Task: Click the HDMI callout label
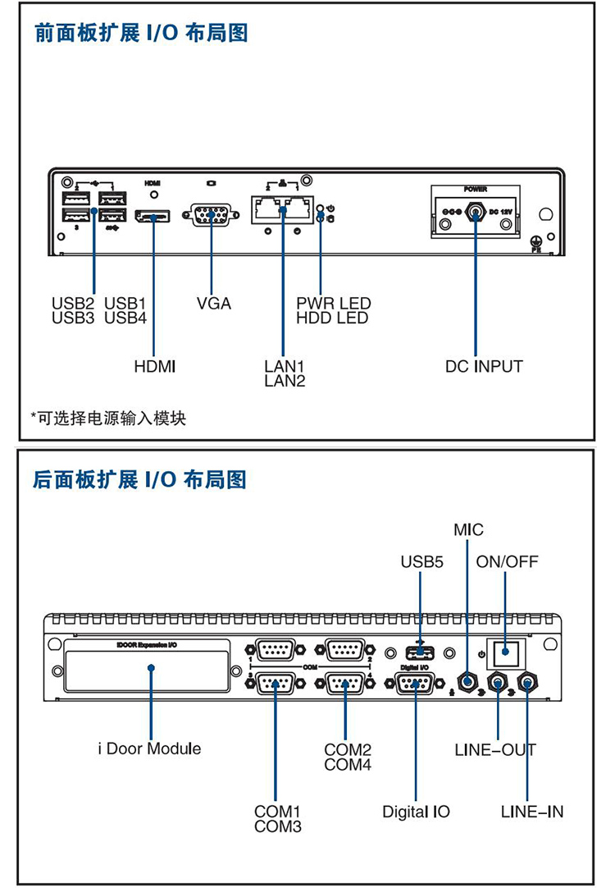pos(155,366)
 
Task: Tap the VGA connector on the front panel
pos(211,217)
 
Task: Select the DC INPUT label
pos(484,366)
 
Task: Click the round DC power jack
pos(476,213)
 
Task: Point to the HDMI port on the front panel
pos(153,217)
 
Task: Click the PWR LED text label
pos(334,304)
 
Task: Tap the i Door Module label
pos(149,748)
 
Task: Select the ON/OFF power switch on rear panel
pos(506,654)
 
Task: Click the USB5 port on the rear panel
pos(421,653)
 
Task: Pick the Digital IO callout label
pos(416,812)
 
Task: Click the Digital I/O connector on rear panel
pos(415,683)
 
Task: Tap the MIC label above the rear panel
pos(468,529)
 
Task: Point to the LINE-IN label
pos(532,812)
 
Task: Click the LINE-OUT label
pos(495,749)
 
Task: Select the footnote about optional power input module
pos(108,419)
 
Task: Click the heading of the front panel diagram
pos(140,34)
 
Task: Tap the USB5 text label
pos(421,562)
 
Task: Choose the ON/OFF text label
pos(508,562)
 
